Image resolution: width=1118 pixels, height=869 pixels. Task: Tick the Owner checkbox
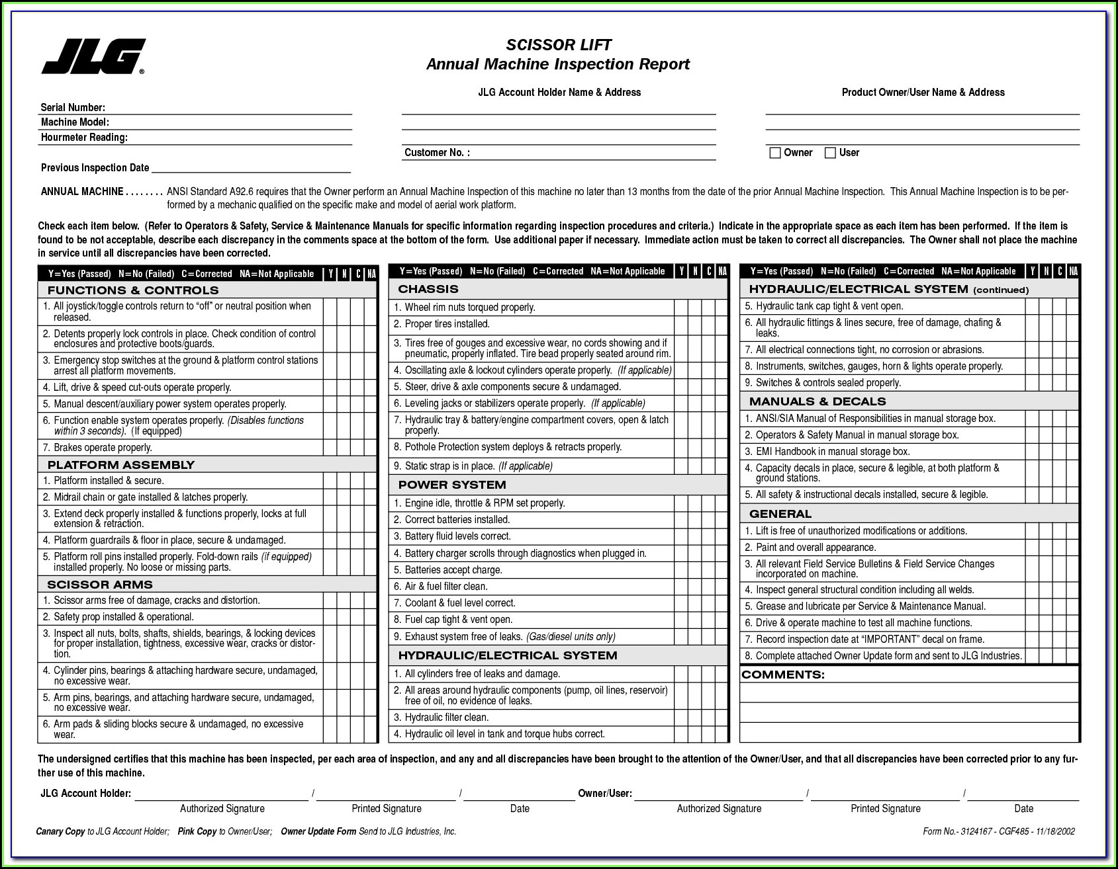pos(775,153)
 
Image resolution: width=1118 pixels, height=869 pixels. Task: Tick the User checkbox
pos(830,153)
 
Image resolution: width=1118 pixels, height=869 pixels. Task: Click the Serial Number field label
pos(73,107)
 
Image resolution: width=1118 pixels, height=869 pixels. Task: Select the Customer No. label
pos(437,153)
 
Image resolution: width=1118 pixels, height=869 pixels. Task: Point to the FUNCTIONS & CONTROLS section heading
pos(132,290)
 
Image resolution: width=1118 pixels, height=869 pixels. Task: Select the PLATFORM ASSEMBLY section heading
pos(120,465)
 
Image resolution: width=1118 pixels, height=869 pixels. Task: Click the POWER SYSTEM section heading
pos(452,485)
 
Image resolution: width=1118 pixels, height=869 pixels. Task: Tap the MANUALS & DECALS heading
pos(817,401)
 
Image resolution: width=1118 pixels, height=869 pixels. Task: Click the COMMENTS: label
pos(783,675)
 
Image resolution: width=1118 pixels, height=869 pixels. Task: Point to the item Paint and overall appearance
pos(815,548)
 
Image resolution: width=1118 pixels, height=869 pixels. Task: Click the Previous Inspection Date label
pos(95,168)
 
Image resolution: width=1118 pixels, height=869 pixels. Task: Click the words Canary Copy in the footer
pos(60,832)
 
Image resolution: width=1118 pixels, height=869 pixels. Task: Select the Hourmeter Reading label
pos(84,138)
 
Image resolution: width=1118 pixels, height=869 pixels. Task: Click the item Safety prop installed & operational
pos(123,617)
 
